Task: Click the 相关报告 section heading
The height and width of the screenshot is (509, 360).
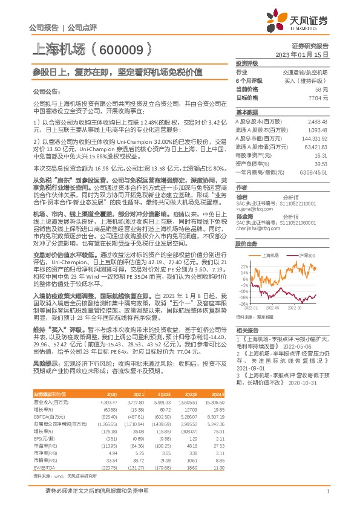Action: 247,330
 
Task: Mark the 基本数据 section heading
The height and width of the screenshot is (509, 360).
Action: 247,112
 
